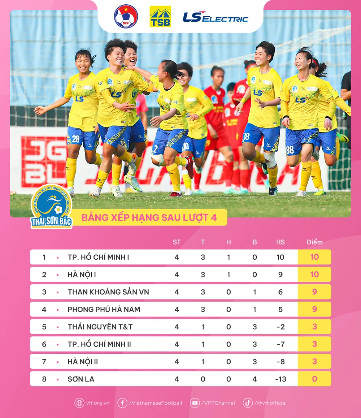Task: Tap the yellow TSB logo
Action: point(160,17)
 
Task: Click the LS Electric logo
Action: point(216,17)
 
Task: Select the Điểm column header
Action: point(314,242)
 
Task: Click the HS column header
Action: point(280,242)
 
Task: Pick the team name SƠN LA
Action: point(81,379)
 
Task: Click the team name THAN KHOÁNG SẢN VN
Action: point(108,292)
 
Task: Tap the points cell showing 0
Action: point(314,379)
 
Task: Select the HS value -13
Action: point(280,379)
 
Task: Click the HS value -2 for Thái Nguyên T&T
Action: point(280,327)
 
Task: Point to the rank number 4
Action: point(44,310)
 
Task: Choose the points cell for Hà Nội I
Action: point(314,275)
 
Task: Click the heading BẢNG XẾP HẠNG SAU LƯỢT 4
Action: point(149,218)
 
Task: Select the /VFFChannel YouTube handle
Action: point(218,403)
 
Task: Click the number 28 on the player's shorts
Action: point(75,139)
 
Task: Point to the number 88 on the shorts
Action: point(290,150)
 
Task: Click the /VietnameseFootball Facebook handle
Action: point(155,403)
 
